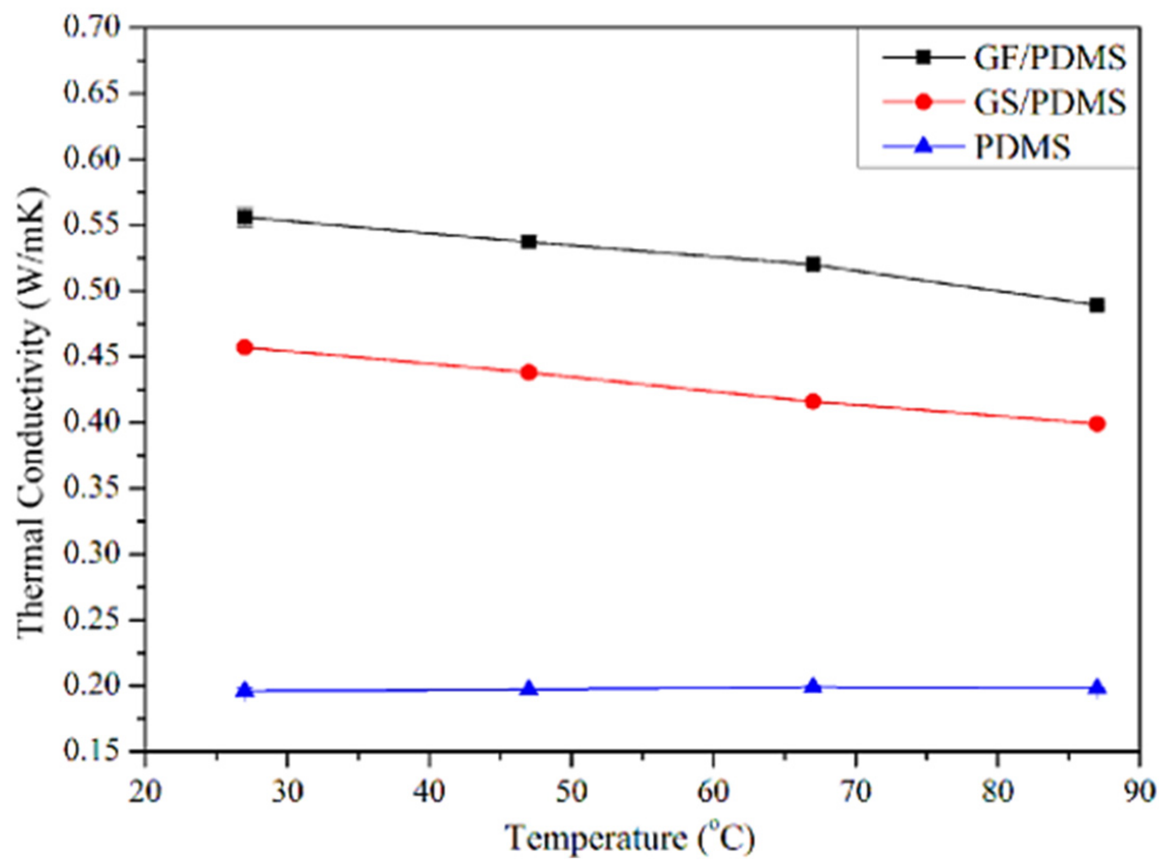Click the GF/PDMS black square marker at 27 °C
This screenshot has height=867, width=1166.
pyautogui.click(x=245, y=217)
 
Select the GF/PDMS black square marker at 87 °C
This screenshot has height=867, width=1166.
pyautogui.click(x=1097, y=305)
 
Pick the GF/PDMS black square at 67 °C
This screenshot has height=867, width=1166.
pyautogui.click(x=813, y=264)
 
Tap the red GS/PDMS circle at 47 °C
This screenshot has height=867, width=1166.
pyautogui.click(x=529, y=373)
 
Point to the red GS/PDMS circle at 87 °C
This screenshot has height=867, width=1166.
pyautogui.click(x=1097, y=423)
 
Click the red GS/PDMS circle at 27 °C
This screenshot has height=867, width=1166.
pyautogui.click(x=245, y=347)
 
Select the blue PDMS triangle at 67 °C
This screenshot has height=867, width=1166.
pyautogui.click(x=813, y=686)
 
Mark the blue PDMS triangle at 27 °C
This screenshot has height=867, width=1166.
pyautogui.click(x=245, y=691)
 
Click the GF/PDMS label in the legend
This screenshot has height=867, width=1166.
pyautogui.click(x=1050, y=58)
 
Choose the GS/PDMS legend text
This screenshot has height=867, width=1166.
pyautogui.click(x=1050, y=102)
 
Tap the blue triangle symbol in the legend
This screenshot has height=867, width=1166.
pyautogui.click(x=924, y=146)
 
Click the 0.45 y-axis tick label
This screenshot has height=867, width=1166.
pyautogui.click(x=92, y=356)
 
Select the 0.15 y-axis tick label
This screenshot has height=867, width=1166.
pyautogui.click(x=92, y=751)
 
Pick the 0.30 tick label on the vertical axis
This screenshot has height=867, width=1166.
pyautogui.click(x=92, y=553)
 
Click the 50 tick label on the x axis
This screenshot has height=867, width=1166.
pyautogui.click(x=571, y=792)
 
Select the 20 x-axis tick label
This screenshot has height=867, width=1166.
pyautogui.click(x=145, y=792)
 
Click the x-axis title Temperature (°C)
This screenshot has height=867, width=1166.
pyautogui.click(x=630, y=837)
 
